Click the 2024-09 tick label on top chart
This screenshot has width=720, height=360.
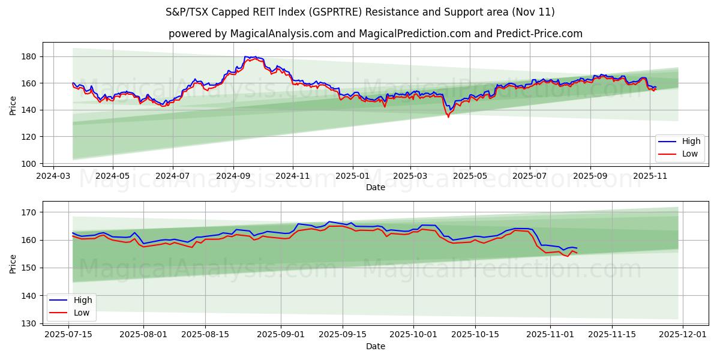(233, 176)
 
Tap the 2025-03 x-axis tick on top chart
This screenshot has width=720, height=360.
(410, 176)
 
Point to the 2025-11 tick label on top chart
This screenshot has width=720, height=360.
(650, 176)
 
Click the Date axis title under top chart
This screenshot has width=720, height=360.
(375, 187)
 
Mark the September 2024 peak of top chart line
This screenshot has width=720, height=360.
(256, 57)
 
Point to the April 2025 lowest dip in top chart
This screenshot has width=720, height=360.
(448, 116)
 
